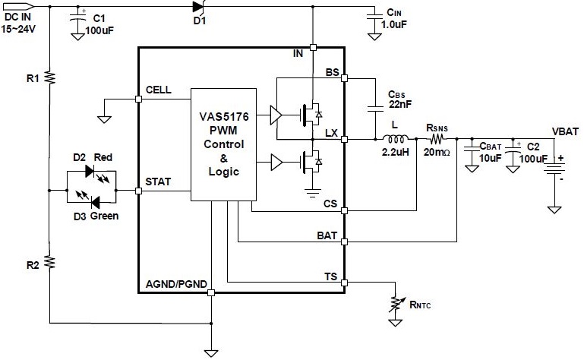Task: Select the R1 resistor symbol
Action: point(48,77)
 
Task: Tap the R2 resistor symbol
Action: point(48,262)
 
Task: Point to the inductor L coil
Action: point(396,140)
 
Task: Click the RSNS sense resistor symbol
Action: point(437,140)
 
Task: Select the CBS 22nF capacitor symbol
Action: point(376,109)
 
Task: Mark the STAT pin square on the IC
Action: point(138,191)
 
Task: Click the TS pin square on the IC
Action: point(345,283)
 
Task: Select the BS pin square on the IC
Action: point(345,77)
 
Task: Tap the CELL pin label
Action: point(158,90)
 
